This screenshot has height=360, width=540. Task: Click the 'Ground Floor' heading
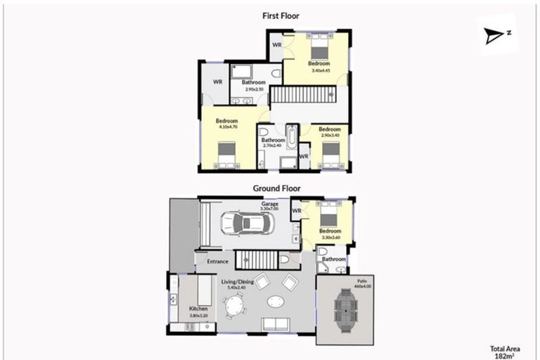(x=276, y=188)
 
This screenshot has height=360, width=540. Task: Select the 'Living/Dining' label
(x=238, y=282)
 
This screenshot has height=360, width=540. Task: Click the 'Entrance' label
(x=217, y=262)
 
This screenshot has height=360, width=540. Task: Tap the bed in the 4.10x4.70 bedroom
(x=226, y=156)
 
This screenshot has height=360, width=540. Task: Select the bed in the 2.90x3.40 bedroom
(x=330, y=155)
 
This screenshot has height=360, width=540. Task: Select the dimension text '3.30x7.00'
(x=270, y=210)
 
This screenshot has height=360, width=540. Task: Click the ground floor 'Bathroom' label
(x=333, y=259)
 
